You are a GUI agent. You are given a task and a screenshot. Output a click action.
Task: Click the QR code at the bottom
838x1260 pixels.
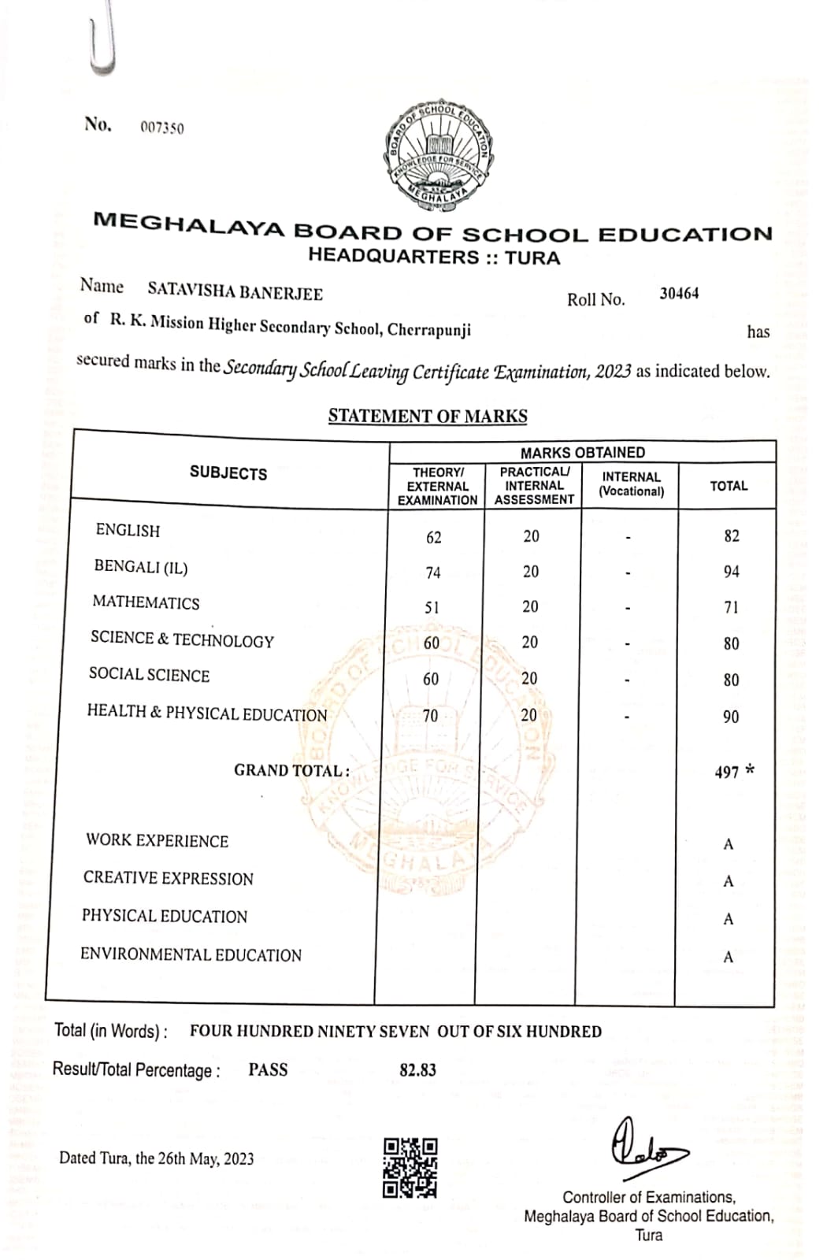tap(410, 1167)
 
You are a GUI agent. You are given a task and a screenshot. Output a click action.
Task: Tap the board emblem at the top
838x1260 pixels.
tap(439, 155)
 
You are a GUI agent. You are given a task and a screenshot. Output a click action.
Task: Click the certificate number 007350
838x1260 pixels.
tap(162, 128)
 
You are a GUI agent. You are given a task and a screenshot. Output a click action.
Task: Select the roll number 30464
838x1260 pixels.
tap(679, 294)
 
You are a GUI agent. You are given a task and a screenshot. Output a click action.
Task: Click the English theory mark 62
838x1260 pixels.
tap(433, 538)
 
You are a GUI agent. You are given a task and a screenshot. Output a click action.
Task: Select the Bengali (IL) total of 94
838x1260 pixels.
tap(731, 572)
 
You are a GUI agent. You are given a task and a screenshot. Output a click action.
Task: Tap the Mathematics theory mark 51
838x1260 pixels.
tap(432, 608)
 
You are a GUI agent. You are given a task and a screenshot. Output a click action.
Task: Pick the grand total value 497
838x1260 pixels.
tap(727, 773)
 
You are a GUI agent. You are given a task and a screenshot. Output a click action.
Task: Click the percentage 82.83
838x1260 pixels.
tap(417, 1070)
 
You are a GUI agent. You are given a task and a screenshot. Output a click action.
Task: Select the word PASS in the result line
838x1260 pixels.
tap(268, 1069)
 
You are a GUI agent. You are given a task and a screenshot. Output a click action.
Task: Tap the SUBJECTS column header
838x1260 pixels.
tap(228, 473)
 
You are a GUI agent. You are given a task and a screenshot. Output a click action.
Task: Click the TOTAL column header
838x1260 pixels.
tap(729, 486)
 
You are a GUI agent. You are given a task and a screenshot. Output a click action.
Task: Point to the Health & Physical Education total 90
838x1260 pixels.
tap(731, 717)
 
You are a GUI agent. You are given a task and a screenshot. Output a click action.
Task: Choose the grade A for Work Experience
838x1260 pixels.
tap(728, 845)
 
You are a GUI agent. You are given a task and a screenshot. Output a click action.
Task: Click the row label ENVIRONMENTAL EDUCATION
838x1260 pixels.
tap(191, 955)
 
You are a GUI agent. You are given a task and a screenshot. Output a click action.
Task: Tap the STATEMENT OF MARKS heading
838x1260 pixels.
tap(428, 416)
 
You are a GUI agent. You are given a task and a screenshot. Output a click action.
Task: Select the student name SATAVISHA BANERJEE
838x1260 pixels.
tap(235, 292)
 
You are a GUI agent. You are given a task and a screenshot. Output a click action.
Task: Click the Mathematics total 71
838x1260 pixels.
tap(731, 607)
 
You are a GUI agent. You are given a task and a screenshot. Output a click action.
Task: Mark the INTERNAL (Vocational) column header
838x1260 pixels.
tap(631, 484)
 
